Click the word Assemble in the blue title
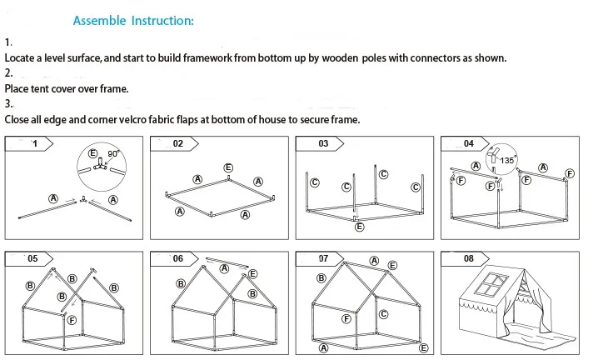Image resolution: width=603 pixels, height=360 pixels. [100, 20]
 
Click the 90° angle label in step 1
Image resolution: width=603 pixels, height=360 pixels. [113, 153]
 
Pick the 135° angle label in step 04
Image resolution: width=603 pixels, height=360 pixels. [507, 160]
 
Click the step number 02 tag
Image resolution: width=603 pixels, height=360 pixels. [178, 143]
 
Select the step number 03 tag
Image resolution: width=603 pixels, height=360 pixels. [323, 143]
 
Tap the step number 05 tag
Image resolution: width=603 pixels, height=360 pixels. [32, 258]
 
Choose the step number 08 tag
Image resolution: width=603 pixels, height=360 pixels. [469, 258]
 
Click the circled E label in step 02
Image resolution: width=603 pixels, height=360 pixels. [228, 167]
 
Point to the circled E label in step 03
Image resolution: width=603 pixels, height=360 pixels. [359, 227]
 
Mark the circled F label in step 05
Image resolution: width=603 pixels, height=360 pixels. [72, 320]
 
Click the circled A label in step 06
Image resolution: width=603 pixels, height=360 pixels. [225, 268]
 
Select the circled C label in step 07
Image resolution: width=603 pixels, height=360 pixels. [383, 314]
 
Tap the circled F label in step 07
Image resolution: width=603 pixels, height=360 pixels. [346, 319]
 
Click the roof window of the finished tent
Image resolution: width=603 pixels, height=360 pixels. [491, 285]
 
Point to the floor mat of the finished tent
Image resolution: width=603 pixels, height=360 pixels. [538, 334]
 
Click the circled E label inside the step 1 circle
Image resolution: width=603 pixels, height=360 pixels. [92, 153]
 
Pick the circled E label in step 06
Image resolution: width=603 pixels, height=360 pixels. [252, 273]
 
